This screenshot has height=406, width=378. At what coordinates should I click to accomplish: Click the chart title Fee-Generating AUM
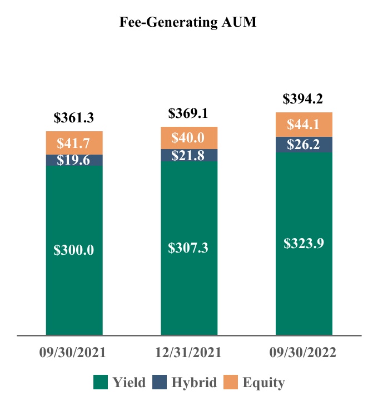[188, 23]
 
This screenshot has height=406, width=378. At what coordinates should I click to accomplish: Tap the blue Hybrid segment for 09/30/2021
[74, 160]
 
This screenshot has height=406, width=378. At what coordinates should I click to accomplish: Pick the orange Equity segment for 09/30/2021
[74, 143]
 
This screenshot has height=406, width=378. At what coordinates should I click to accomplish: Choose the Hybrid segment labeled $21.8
[189, 156]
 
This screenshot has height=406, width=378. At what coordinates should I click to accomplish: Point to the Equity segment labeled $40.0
[189, 138]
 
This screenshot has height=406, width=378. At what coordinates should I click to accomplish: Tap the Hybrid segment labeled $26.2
[304, 145]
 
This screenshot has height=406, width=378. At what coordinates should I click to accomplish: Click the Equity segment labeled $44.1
[304, 125]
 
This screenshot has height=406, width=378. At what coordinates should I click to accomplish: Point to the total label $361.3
[74, 118]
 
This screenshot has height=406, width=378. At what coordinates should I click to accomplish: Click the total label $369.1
[189, 113]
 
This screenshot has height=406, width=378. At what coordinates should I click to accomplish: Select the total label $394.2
[304, 99]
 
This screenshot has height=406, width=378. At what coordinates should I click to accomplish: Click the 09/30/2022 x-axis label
[304, 353]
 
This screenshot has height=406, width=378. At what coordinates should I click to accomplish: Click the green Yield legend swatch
[100, 382]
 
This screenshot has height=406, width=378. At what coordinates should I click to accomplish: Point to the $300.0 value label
[74, 250]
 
